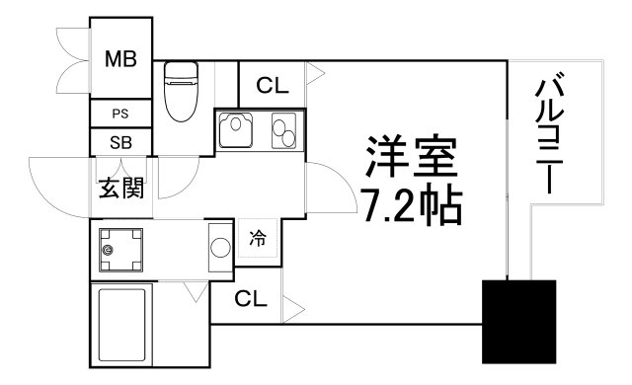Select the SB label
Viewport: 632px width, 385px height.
120,142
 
